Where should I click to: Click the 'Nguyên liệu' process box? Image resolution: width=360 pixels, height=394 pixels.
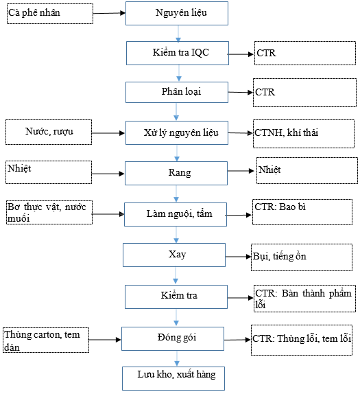click(177, 13)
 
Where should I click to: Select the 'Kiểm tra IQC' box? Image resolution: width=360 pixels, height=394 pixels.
click(178, 54)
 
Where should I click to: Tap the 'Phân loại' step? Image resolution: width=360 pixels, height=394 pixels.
click(177, 92)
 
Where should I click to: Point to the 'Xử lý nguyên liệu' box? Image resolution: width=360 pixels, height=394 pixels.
click(177, 133)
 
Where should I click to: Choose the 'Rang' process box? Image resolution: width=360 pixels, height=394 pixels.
click(176, 174)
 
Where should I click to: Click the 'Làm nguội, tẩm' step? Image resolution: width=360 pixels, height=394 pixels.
click(176, 214)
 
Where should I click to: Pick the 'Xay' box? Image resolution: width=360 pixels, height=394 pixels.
click(174, 255)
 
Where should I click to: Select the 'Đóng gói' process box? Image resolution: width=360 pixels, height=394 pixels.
click(173, 338)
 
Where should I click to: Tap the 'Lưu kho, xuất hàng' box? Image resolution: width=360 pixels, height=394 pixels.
click(173, 378)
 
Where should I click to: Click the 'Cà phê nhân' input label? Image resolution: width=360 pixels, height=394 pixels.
click(34, 12)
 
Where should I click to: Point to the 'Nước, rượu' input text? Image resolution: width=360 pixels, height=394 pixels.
click(49, 131)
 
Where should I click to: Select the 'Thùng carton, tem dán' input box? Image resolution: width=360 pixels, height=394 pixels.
click(46, 340)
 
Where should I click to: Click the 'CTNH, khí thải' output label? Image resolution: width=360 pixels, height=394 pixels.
click(286, 132)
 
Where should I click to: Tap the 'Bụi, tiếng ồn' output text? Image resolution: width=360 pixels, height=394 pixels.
click(279, 256)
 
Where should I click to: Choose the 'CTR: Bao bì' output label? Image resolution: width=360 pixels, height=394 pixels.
click(280, 207)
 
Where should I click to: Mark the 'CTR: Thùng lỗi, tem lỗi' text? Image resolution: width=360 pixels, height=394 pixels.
click(302, 338)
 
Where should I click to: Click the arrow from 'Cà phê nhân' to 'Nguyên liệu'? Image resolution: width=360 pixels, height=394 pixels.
click(109, 13)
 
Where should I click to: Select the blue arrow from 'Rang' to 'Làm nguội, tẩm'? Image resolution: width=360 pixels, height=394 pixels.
click(176, 194)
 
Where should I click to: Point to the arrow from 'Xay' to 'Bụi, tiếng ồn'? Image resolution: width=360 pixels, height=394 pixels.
click(238, 257)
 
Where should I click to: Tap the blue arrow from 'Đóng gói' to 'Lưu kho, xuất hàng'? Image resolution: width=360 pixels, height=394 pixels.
click(177, 358)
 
